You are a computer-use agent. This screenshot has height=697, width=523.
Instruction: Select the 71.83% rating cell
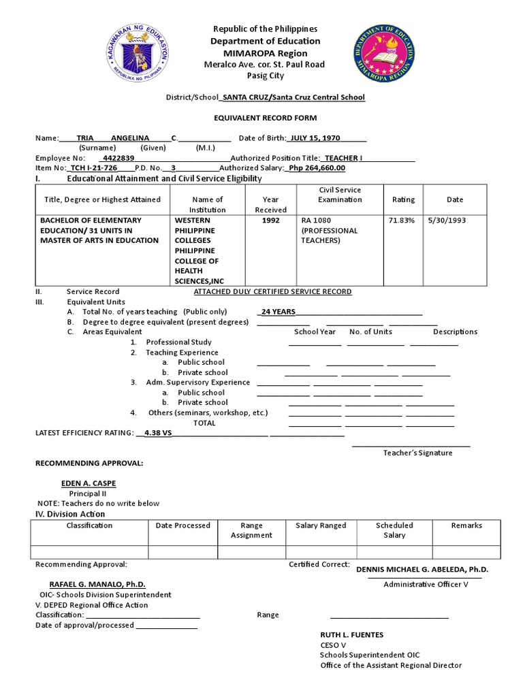click(403, 221)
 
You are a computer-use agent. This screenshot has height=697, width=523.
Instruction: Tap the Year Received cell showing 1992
click(270, 221)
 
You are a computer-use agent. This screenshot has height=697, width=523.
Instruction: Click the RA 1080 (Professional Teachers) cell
click(330, 230)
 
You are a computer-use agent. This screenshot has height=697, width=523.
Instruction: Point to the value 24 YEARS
click(276, 312)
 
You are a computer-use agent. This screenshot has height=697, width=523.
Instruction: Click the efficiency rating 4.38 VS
click(155, 432)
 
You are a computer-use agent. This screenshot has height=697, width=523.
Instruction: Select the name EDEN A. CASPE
click(89, 483)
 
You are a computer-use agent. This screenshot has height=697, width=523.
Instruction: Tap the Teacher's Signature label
click(417, 453)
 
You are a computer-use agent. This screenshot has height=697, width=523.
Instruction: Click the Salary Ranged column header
click(321, 525)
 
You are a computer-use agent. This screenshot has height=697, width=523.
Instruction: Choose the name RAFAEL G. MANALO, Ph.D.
click(97, 584)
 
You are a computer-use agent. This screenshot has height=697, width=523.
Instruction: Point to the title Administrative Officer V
click(425, 584)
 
